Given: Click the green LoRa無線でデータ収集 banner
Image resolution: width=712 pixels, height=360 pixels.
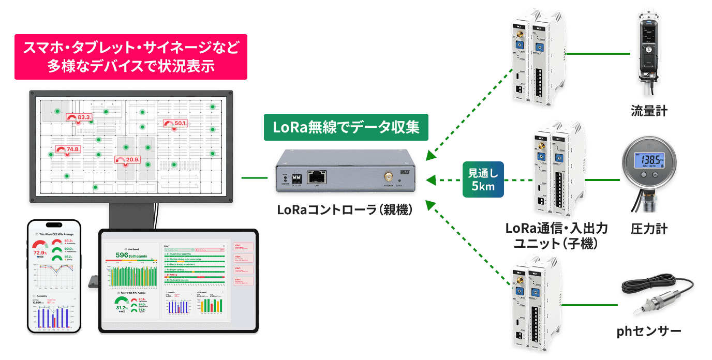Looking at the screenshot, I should pos(346,127).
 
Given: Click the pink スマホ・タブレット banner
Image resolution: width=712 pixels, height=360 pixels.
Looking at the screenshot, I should pos(131,57).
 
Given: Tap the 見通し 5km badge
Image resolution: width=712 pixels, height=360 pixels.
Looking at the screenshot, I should pos(483,180).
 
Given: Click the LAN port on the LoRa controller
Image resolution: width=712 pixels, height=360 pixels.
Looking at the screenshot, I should pos(317,176).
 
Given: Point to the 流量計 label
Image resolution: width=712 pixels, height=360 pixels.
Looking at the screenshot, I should pos(649,111).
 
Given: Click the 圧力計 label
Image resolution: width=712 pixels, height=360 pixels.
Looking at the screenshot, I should pos(649,228).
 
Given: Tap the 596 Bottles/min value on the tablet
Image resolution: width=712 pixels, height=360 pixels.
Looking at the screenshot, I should pos(132,255).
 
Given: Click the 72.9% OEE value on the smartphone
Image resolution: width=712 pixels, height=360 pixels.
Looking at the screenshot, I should pos(39,253).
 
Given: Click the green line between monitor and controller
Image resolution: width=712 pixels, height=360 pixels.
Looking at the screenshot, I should pos(255,178).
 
